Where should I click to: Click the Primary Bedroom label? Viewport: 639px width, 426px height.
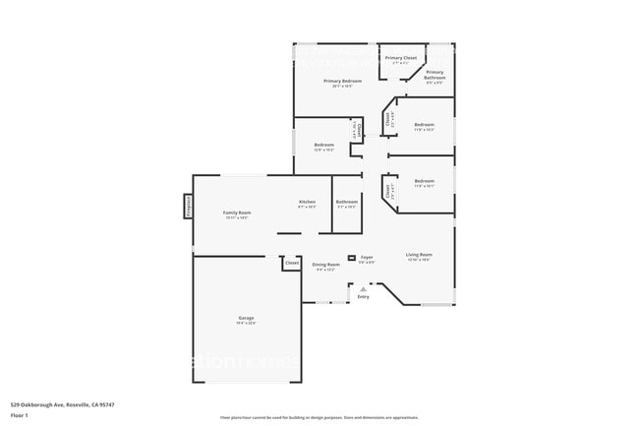click(342, 81)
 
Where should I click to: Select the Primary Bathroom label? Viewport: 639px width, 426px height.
click(435, 72)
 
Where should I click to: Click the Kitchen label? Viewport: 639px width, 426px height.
click(307, 202)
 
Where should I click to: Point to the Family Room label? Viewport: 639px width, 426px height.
click(237, 213)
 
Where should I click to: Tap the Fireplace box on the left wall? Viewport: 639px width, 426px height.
click(187, 206)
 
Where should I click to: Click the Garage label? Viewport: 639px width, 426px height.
click(246, 318)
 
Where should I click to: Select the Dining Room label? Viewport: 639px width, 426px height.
click(326, 264)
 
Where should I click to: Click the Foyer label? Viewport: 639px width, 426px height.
click(366, 258)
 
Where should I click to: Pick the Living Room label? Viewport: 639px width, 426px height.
click(420, 255)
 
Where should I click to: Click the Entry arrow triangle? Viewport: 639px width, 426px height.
click(364, 288)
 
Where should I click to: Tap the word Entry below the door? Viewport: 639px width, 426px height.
click(364, 296)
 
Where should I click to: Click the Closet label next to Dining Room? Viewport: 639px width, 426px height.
click(292, 263)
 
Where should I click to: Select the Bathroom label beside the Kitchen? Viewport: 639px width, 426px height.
click(347, 202)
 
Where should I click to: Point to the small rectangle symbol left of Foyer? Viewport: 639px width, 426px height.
click(351, 258)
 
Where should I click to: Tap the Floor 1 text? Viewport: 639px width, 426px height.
click(20, 415)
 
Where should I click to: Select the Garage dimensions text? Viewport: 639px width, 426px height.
click(246, 323)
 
